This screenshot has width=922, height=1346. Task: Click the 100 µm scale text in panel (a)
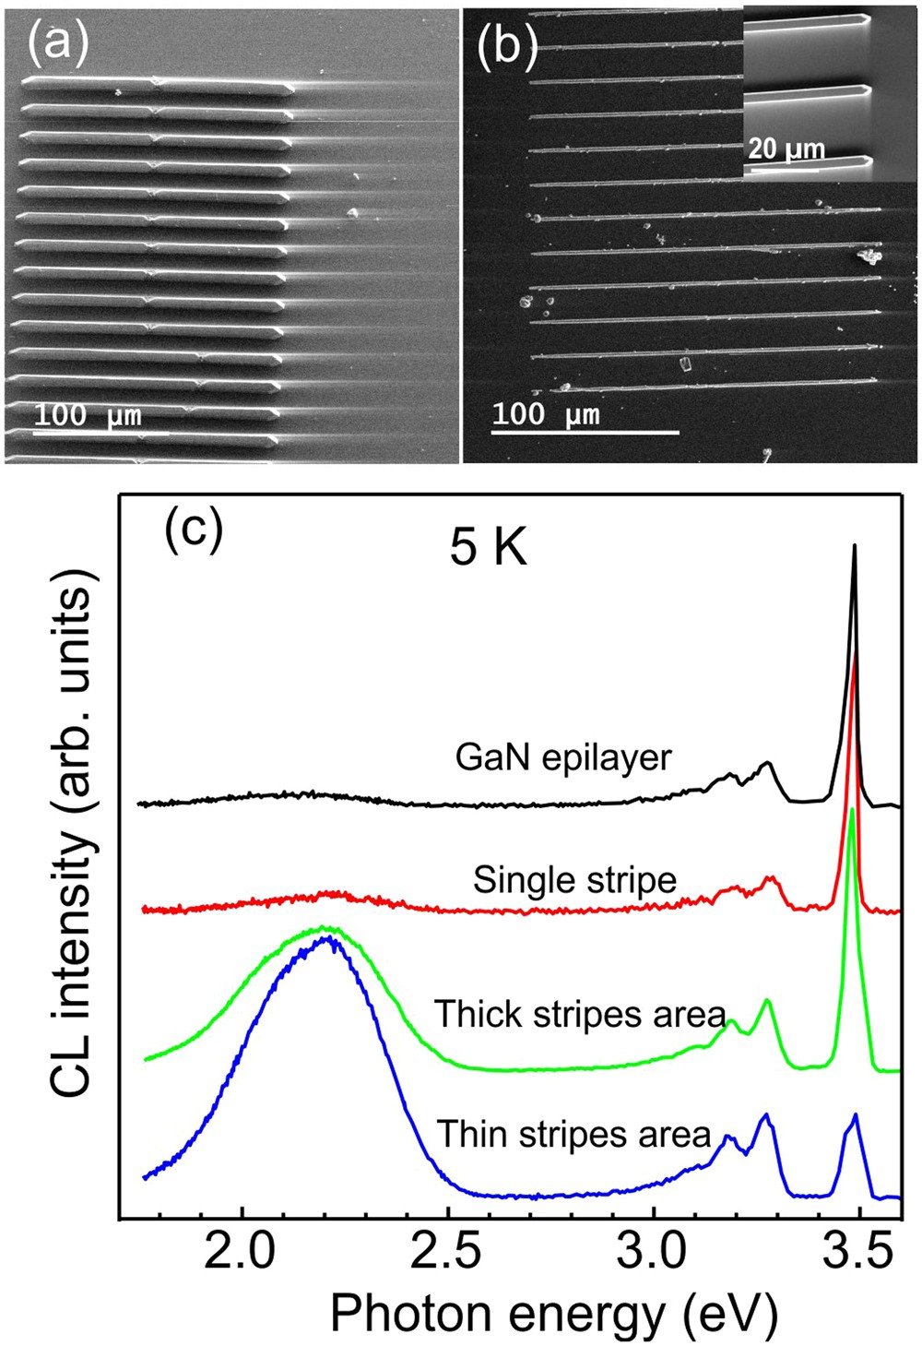pyautogui.click(x=89, y=415)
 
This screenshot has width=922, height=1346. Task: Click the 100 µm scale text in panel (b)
pyautogui.click(x=546, y=414)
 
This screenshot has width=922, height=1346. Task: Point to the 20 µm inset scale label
pyautogui.click(x=786, y=149)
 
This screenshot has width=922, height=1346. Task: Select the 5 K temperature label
pyautogui.click(x=488, y=549)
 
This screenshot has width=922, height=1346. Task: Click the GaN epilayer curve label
pyautogui.click(x=563, y=757)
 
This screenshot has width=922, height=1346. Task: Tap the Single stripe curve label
pyautogui.click(x=574, y=880)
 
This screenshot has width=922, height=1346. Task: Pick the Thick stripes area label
pyautogui.click(x=580, y=1014)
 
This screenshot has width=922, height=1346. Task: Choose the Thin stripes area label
pyautogui.click(x=573, y=1134)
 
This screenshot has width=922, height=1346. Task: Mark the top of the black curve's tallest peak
pyautogui.click(x=855, y=546)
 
